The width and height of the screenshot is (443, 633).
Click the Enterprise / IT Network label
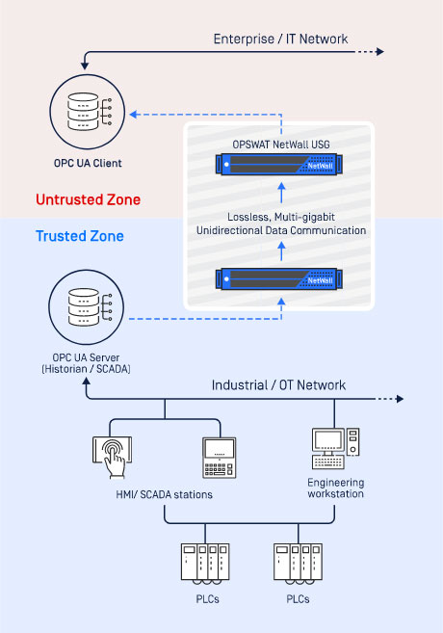point(280,39)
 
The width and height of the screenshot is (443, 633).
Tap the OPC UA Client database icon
point(87,112)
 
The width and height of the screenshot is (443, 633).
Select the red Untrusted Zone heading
point(88,199)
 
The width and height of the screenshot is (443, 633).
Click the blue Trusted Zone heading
point(80,236)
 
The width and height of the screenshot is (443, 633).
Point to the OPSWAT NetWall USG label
point(281,145)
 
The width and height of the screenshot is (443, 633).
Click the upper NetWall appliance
point(279,165)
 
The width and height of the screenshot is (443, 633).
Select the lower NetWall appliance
point(279,279)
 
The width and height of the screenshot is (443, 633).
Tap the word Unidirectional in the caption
point(229,230)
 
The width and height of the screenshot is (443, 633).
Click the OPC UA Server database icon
point(87,307)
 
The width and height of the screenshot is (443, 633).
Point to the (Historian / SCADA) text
point(86,369)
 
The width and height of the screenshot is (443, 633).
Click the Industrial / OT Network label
point(278,385)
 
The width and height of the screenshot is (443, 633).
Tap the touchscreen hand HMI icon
point(112,457)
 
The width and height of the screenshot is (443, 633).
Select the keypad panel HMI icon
point(219,458)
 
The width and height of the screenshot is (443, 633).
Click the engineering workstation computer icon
point(336,448)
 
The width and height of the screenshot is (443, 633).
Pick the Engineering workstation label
point(335,488)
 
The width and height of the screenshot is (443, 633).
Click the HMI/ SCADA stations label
point(165,494)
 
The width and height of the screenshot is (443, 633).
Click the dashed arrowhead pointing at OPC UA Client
point(134,115)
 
